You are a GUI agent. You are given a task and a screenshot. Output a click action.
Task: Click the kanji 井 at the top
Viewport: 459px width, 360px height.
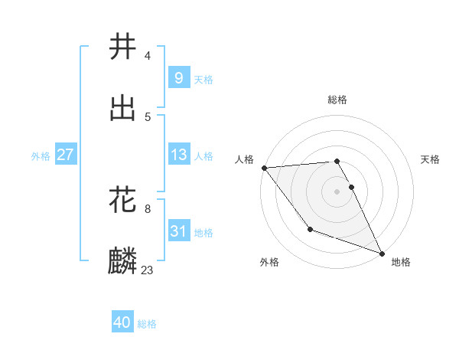(122, 47)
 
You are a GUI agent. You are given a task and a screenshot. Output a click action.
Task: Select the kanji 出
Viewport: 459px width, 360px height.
(122, 108)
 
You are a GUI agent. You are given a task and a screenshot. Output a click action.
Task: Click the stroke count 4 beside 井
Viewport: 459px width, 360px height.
(148, 55)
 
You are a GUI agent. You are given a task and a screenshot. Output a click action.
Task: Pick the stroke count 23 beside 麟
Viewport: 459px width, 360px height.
(148, 270)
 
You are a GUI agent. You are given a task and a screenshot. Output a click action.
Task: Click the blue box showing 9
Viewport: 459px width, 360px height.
(178, 77)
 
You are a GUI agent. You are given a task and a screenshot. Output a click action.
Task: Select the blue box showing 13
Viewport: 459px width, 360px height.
(178, 155)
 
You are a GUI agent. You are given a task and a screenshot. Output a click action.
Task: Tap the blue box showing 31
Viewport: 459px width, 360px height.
(178, 231)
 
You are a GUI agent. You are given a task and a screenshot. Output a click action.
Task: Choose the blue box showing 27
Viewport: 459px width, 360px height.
(65, 155)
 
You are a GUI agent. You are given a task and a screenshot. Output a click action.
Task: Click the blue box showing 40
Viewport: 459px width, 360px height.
(122, 323)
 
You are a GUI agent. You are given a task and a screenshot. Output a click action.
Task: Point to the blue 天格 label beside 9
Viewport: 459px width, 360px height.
(203, 79)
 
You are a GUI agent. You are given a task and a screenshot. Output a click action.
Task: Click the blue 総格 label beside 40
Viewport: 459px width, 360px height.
(147, 324)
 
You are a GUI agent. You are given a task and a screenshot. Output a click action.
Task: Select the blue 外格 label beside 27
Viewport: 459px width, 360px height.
(41, 155)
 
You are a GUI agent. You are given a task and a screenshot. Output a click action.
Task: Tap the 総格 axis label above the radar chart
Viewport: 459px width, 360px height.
(337, 100)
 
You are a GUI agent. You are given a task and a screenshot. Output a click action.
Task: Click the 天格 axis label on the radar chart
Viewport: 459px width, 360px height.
(431, 159)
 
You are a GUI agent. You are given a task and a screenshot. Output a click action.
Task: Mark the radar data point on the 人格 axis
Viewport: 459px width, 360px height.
(264, 168)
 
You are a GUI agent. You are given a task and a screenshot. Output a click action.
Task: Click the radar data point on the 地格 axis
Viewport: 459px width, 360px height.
(382, 253)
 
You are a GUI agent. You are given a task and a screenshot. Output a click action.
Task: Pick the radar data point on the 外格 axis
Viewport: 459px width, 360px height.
(310, 229)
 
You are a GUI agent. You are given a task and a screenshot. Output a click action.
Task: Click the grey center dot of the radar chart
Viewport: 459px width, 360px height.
(337, 191)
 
